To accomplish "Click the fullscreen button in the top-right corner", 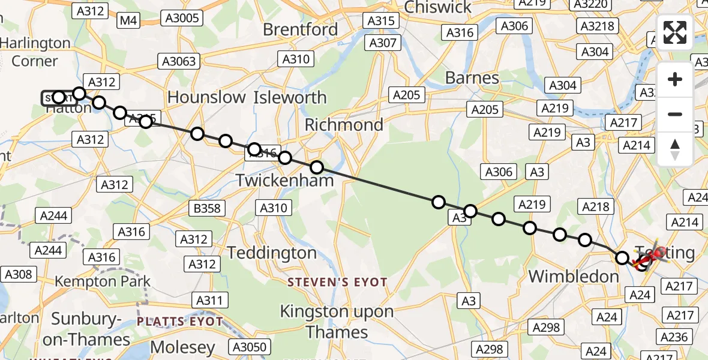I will point(675,32).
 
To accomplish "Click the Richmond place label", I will point(344,125).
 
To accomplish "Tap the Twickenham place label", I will point(285,179).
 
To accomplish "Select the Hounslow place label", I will point(206,97).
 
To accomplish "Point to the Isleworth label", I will point(290,97).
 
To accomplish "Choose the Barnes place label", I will point(472,78).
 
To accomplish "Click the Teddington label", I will point(272,253).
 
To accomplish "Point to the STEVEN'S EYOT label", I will point(337,282).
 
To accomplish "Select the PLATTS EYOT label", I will point(180,322).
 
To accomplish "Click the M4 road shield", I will point(129,21).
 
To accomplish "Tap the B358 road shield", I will point(207,208).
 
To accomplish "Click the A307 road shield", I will point(383,43).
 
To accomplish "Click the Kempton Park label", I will point(103,281).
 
